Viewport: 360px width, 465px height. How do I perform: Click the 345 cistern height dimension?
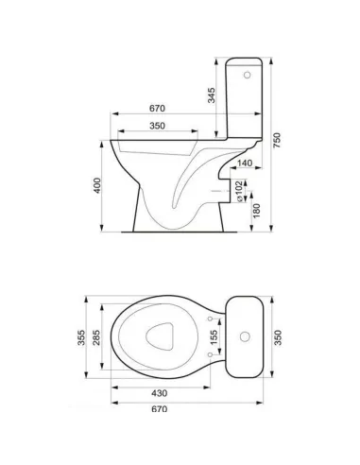point(212,95)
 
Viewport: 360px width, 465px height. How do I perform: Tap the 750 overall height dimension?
point(277,141)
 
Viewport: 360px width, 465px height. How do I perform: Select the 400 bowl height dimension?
point(97,185)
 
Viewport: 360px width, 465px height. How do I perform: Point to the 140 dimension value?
point(245,163)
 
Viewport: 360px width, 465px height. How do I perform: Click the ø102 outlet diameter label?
point(239,191)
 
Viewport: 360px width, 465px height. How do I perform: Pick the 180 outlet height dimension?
point(257,211)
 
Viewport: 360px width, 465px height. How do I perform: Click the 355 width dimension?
point(81,337)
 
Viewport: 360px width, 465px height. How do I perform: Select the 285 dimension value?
point(96,337)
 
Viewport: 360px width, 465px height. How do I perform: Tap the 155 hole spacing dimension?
point(214,337)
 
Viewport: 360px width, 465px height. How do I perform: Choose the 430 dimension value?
point(160,393)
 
